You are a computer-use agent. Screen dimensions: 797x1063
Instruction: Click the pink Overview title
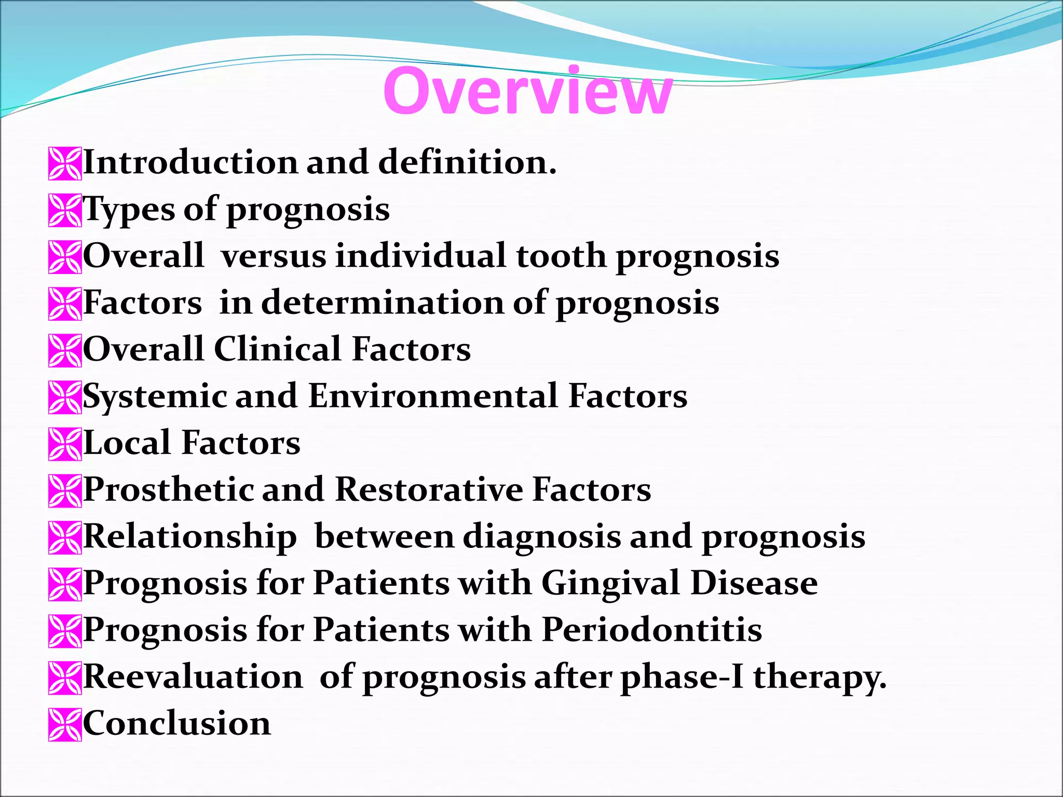click(x=527, y=91)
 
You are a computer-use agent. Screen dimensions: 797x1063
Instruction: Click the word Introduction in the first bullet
click(x=190, y=162)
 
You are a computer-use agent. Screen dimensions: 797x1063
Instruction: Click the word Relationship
click(x=190, y=537)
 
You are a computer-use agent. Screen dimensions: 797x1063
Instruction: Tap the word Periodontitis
click(x=652, y=630)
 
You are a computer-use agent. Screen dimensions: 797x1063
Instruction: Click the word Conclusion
click(x=177, y=724)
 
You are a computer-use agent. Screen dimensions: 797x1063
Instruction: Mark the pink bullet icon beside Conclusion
click(x=65, y=725)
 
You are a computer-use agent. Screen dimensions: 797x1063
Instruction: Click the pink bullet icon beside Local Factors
click(x=65, y=444)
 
